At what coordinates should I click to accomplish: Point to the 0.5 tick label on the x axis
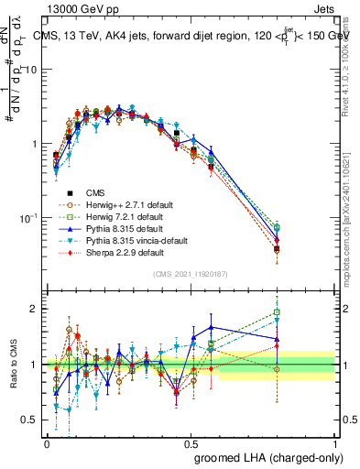click(191, 442)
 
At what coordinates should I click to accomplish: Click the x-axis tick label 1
click(334, 442)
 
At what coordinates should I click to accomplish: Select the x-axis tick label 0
click(47, 442)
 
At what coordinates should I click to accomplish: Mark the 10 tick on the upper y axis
click(30, 70)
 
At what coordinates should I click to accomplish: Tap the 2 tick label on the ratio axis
click(34, 309)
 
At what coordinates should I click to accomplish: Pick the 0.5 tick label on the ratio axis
click(30, 420)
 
